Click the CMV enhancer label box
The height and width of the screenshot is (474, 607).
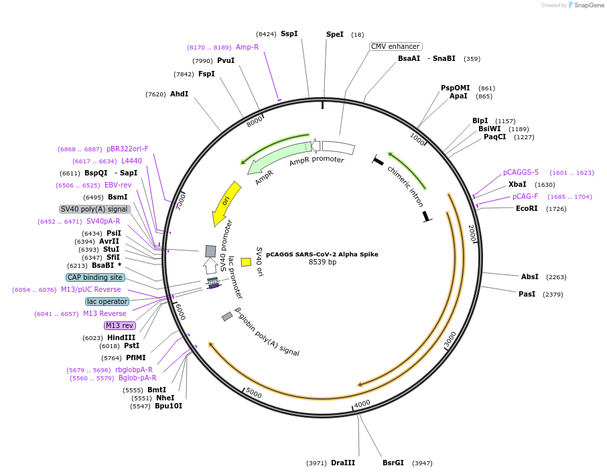click(x=395, y=46)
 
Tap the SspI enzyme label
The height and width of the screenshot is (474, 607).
click(x=289, y=33)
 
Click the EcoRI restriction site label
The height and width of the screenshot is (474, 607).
click(x=527, y=208)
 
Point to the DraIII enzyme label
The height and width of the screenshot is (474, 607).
click(x=343, y=463)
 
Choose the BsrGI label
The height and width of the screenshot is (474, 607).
click(x=393, y=463)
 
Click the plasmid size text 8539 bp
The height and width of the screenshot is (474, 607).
click(x=322, y=262)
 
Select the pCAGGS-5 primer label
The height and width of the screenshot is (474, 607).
click(x=521, y=172)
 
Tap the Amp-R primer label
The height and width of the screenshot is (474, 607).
click(x=247, y=47)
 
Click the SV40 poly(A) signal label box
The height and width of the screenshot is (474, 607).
click(x=94, y=209)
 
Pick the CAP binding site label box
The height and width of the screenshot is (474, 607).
click(x=95, y=277)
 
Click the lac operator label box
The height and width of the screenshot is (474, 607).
click(x=107, y=301)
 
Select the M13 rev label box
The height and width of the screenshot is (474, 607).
click(x=119, y=325)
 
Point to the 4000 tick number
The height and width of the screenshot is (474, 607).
click(x=362, y=404)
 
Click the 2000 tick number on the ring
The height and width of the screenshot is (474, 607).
click(x=472, y=233)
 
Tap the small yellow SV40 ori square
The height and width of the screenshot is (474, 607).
click(x=246, y=262)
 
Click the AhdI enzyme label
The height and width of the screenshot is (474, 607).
click(x=179, y=94)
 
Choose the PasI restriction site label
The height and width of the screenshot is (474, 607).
click(x=527, y=294)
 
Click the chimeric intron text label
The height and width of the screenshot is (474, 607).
click(x=406, y=185)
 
